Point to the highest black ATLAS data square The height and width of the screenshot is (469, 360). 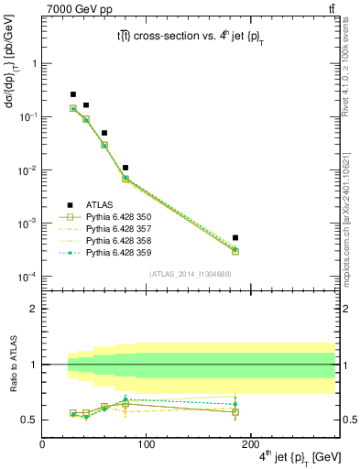pyautogui.click(x=73, y=94)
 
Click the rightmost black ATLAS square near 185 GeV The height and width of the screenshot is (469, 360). pyautogui.click(x=235, y=238)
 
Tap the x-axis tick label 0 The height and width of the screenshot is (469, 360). pyautogui.click(x=42, y=443)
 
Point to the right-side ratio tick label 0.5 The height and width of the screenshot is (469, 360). pyautogui.click(x=349, y=420)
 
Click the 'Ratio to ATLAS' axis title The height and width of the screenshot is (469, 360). pyautogui.click(x=11, y=386)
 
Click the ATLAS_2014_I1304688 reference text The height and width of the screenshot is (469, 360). pyautogui.click(x=189, y=274)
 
